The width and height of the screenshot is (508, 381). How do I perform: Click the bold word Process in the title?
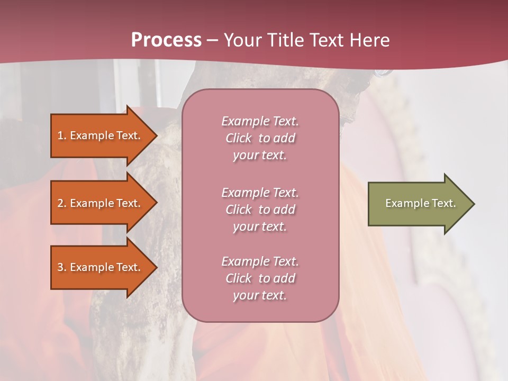click(166, 40)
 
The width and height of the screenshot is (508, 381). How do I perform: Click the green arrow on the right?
click(418, 203)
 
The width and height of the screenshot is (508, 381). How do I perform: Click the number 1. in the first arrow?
click(62, 135)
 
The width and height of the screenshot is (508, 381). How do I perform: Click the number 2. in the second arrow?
click(62, 203)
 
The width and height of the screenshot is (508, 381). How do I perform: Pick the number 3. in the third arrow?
click(62, 267)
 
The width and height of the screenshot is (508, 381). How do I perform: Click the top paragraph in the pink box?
click(260, 138)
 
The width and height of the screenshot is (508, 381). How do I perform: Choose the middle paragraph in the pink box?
click(260, 210)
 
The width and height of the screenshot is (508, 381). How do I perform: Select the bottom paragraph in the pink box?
click(260, 278)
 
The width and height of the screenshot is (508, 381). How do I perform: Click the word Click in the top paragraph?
click(239, 139)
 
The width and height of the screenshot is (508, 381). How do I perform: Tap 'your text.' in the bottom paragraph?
click(260, 295)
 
